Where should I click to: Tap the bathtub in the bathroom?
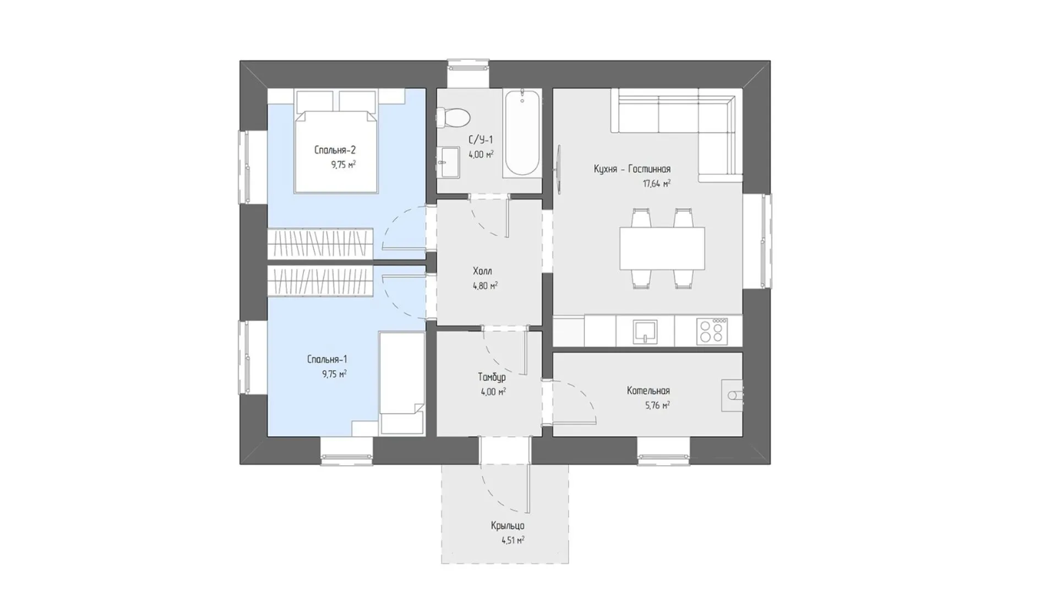coord(522,133)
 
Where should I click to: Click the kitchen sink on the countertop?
coord(645,332)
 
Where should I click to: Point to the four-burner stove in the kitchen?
coord(712,331)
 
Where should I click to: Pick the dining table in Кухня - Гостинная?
coord(662,248)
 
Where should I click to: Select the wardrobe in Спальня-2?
coord(320,244)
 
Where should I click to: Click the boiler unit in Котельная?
coord(732,395)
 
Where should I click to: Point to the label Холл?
coord(482,271)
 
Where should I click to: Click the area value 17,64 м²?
coord(657,183)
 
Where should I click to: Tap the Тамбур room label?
coord(492,377)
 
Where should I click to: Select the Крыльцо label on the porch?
coord(508,526)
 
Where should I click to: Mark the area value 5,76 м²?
coord(657,405)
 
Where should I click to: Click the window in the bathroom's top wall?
coord(468,67)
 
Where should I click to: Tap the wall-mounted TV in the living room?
coord(559,170)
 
